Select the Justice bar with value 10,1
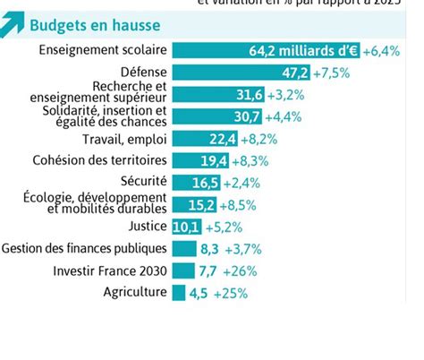coord(186,226)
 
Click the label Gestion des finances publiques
coord(85,247)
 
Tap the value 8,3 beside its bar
coord(210,248)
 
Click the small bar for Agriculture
coord(178,292)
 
